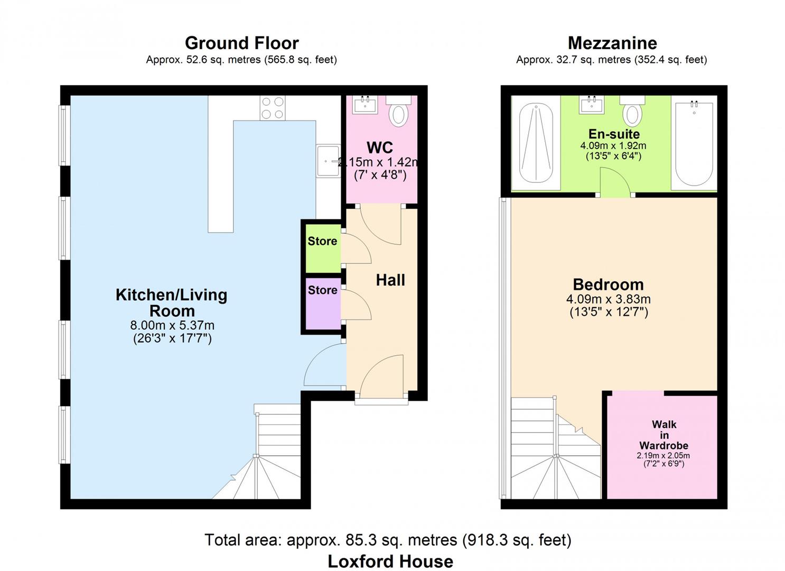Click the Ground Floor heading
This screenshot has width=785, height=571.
241,43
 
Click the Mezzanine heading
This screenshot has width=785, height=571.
612,43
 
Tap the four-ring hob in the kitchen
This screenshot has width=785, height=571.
273,108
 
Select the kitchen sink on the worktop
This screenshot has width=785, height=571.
328,161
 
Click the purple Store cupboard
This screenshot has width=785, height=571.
322,305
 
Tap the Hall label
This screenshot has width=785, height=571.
390,280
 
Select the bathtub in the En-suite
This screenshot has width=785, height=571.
694,143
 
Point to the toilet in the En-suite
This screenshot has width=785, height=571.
632,112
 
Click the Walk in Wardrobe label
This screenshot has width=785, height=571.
663,435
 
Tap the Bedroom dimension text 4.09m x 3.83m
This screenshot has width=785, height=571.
609,299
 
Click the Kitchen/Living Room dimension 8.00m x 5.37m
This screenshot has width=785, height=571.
172,325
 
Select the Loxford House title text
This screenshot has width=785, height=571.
390,561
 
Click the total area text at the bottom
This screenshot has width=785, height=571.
388,540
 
